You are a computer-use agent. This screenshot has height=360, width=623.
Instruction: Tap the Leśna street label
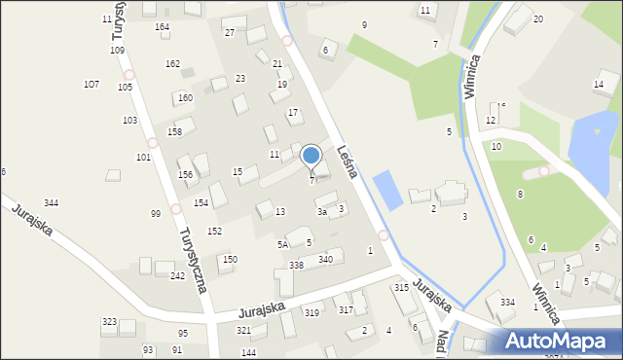[x=348, y=162]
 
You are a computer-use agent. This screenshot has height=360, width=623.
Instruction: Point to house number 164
[x=162, y=27]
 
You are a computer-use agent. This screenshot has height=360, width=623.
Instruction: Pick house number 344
[x=51, y=202]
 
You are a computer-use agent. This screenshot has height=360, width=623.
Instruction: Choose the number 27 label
[x=230, y=32]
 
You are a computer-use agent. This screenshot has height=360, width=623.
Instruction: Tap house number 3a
[x=321, y=211]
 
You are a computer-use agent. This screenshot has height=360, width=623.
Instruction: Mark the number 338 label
[x=296, y=265]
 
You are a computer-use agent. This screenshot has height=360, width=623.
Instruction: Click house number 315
[x=401, y=288]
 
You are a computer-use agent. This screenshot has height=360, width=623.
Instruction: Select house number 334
[x=507, y=303]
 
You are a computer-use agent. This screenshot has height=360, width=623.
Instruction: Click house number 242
[x=178, y=276]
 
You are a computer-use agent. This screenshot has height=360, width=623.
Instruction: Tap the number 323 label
[x=109, y=321]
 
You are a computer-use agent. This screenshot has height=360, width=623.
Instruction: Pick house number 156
[x=185, y=174]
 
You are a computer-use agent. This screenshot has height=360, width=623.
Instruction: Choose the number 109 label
[x=117, y=50]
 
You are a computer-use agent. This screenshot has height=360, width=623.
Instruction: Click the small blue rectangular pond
[x=386, y=189]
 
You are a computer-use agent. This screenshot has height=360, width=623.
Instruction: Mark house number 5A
[x=282, y=244]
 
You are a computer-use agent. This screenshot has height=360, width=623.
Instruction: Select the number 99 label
[x=156, y=213]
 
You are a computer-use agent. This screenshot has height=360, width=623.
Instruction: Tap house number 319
[x=311, y=312]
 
